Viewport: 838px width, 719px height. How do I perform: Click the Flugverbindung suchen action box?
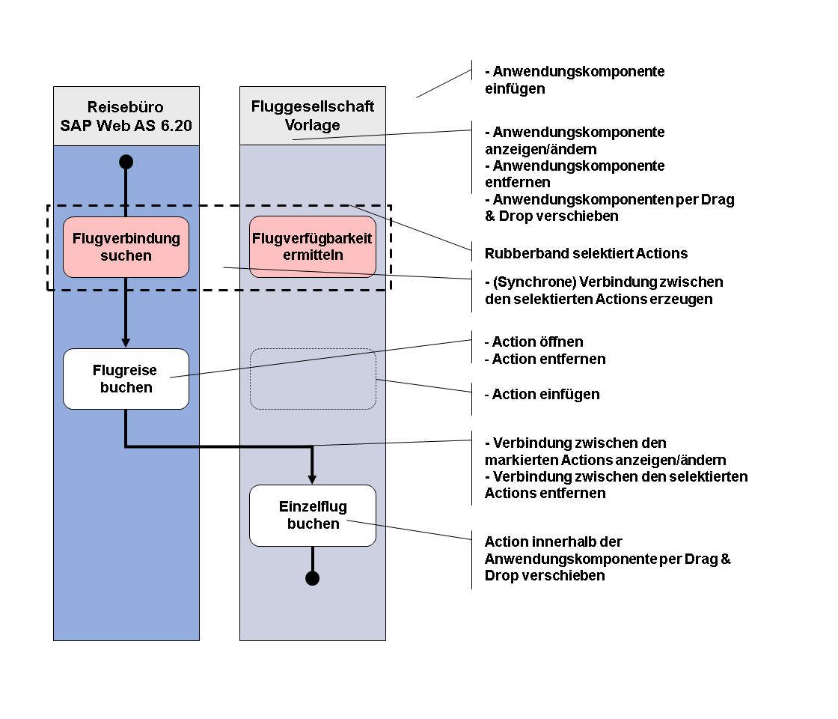(126, 247)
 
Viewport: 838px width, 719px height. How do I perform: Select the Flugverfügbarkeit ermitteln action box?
(313, 246)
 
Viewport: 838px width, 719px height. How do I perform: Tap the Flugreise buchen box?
(126, 379)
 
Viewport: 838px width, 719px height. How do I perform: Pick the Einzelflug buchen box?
(313, 516)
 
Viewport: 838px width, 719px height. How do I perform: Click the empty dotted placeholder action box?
(313, 379)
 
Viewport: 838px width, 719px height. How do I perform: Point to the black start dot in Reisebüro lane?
(126, 162)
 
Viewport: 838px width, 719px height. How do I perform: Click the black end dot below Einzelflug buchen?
(313, 578)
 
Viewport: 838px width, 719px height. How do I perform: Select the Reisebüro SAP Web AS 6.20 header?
(126, 116)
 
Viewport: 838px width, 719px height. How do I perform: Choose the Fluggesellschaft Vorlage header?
(313, 115)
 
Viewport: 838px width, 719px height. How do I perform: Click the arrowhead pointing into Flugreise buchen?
(126, 343)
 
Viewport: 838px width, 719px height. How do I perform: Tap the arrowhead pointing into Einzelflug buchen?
(313, 480)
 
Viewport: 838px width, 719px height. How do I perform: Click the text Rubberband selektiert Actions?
(587, 253)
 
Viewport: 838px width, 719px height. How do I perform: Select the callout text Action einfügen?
(542, 394)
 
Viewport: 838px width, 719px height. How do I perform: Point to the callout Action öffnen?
(534, 342)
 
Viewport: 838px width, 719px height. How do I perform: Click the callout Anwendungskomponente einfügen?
(575, 79)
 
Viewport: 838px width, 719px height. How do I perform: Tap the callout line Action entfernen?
(545, 359)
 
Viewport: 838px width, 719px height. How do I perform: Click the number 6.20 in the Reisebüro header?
(177, 126)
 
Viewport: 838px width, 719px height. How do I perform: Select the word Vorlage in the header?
(313, 125)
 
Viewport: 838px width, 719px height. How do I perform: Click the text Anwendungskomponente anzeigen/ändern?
(575, 140)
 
